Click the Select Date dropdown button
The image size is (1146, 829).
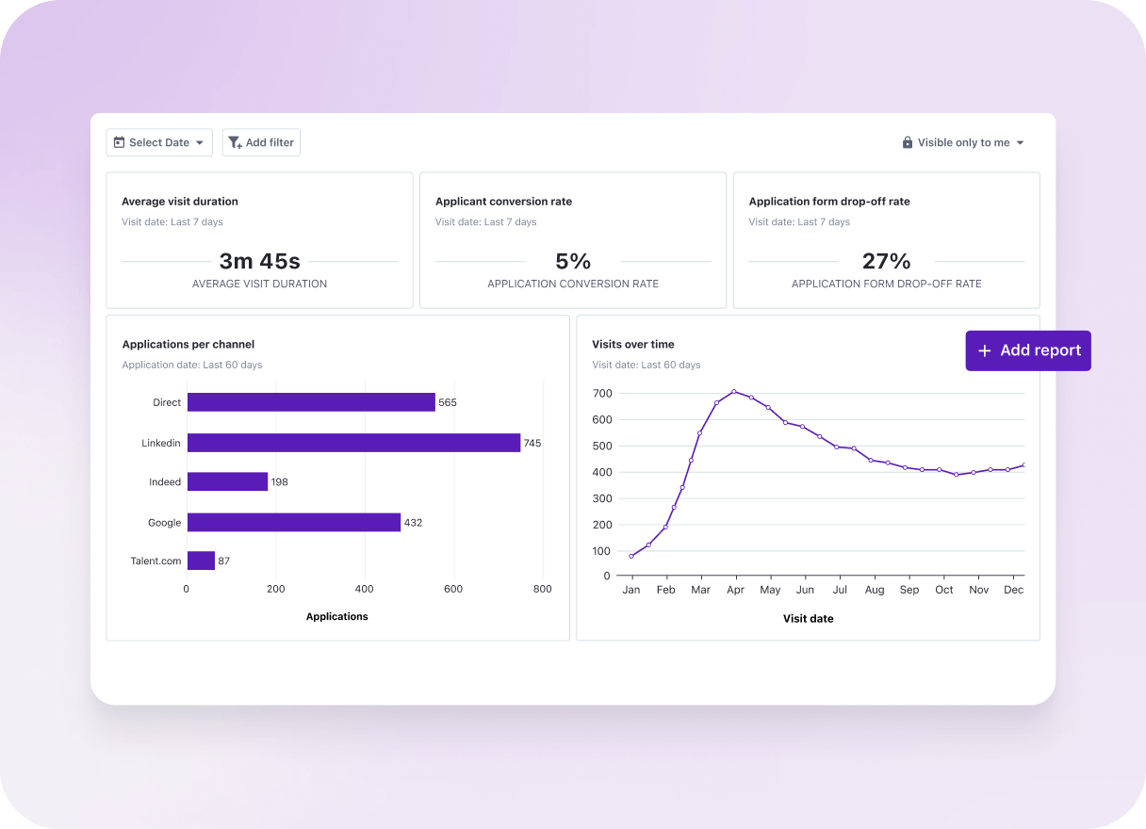click(159, 142)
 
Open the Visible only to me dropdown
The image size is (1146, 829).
click(963, 142)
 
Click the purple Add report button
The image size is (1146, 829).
click(1028, 350)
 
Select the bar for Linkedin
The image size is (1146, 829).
click(353, 443)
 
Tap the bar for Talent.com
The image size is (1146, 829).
click(201, 561)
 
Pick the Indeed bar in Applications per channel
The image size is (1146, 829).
click(227, 481)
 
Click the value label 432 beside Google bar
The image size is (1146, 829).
click(413, 522)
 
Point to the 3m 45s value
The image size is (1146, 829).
click(259, 261)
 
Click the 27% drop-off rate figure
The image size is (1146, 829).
click(886, 261)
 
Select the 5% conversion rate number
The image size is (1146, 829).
click(573, 261)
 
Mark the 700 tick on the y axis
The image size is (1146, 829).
click(601, 393)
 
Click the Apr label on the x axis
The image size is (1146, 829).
click(735, 590)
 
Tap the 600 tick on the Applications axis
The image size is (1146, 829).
click(453, 589)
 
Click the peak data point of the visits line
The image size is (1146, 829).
click(734, 391)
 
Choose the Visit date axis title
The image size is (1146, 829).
click(808, 619)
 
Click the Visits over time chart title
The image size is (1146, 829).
click(632, 344)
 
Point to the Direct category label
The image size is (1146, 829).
click(166, 402)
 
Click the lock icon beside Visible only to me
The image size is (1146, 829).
click(908, 142)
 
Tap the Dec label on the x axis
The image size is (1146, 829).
click(1013, 590)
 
